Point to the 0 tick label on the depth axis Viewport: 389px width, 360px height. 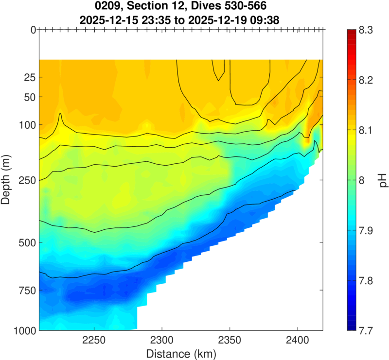pos(33,30)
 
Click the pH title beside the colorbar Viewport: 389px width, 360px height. pos(383,180)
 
